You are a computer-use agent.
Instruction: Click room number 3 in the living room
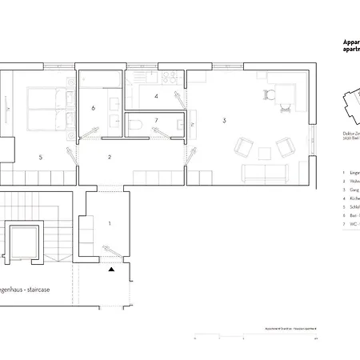coord(225,120)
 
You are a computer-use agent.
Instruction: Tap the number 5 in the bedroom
coord(40,158)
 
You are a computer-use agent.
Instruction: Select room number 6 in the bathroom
coord(94,107)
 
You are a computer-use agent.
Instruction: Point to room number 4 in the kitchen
coord(156,97)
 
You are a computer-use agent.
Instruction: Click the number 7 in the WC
coord(157,121)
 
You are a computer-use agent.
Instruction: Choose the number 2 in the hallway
coord(110,157)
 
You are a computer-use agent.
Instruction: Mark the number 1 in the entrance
coord(110,224)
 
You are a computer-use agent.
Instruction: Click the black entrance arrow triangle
coord(112,270)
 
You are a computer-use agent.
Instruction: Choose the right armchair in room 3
coord(284,147)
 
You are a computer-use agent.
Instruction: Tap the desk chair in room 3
coord(269,96)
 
